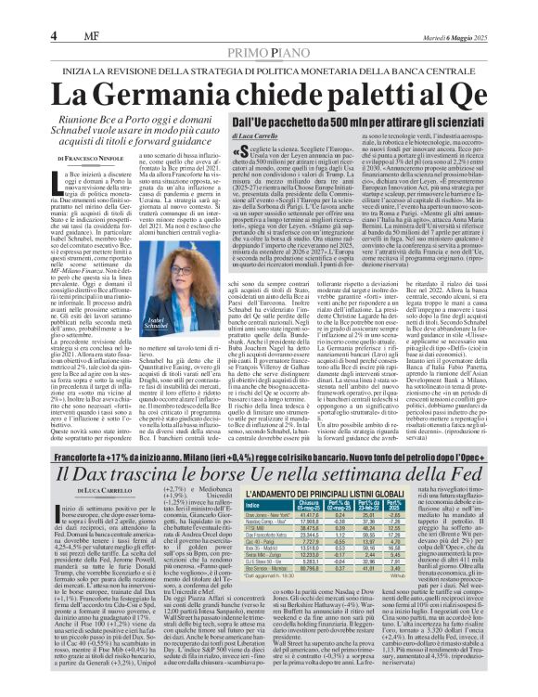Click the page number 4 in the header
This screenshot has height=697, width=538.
tap(18, 11)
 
